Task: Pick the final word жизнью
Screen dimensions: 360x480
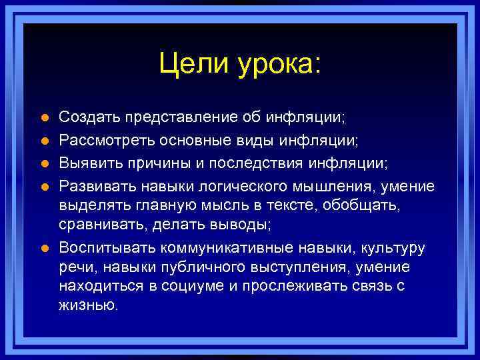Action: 89,306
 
